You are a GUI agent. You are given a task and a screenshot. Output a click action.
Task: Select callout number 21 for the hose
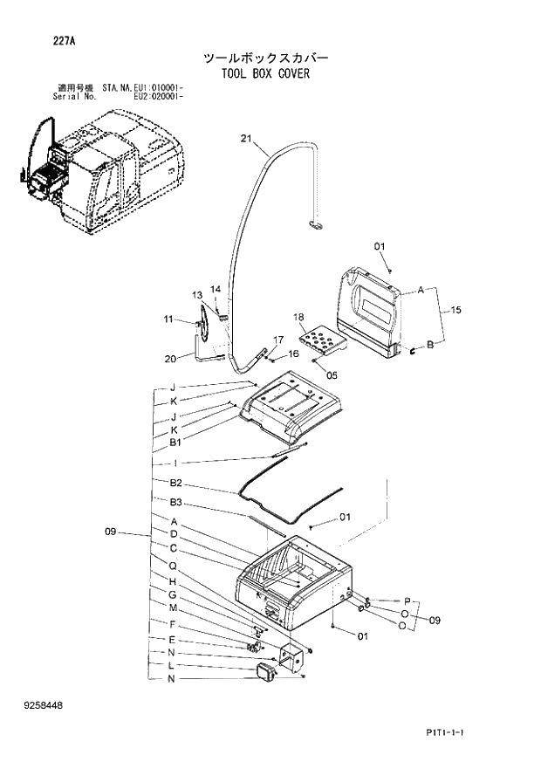tap(245, 139)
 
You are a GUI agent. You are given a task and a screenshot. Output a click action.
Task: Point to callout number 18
tap(298, 317)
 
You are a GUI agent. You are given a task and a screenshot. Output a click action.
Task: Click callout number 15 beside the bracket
tap(455, 311)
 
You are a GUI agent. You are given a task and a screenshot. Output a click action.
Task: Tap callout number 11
tap(168, 319)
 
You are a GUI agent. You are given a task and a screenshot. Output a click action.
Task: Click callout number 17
tap(278, 340)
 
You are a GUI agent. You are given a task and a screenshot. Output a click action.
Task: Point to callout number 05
tap(332, 375)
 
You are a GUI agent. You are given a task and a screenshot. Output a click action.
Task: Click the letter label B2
tap(175, 483)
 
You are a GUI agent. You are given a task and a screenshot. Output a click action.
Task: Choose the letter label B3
tap(175, 502)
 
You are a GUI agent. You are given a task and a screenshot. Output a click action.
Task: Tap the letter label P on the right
tap(407, 601)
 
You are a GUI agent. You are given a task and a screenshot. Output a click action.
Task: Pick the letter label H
tap(174, 582)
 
